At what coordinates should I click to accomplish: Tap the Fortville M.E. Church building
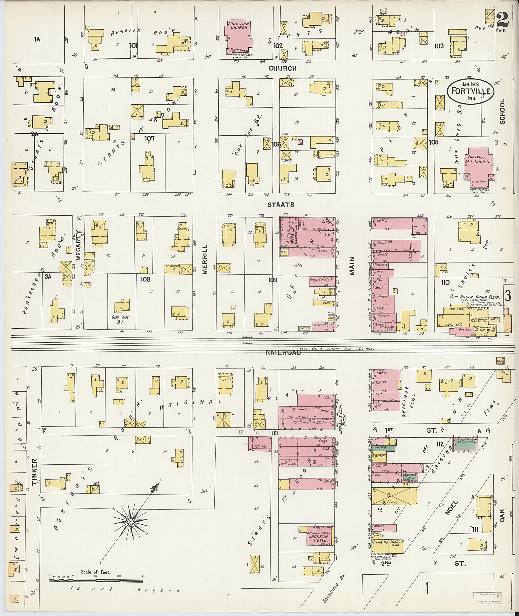[x=479, y=165]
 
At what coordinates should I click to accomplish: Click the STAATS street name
[x=281, y=204]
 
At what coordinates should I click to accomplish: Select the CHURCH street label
[x=283, y=68]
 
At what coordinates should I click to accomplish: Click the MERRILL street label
[x=205, y=259]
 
